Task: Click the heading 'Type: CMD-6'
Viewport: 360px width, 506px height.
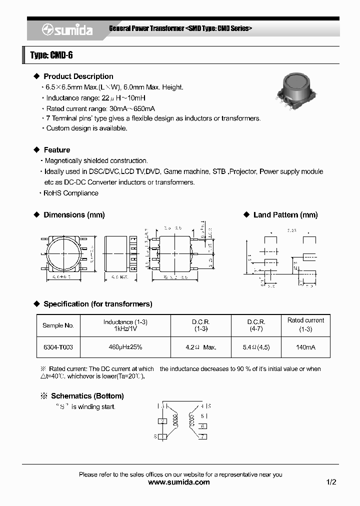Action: coord(51,55)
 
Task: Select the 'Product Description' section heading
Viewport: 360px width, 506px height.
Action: coord(78,76)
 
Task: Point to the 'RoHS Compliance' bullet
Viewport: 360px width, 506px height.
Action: coord(71,193)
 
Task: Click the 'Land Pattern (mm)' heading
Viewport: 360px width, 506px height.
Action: coord(285,215)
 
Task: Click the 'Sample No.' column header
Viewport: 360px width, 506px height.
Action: coord(58,325)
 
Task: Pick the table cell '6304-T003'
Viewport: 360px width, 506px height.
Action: coord(58,347)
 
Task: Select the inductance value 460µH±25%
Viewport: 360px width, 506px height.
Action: coord(125,347)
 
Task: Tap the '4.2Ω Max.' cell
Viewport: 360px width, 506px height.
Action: coord(200,347)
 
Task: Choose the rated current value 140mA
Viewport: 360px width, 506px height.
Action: coord(305,347)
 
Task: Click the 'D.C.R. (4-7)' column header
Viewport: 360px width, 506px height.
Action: coord(256,325)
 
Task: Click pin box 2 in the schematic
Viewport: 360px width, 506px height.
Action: coord(162,421)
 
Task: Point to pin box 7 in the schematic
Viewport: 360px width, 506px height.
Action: coord(202,436)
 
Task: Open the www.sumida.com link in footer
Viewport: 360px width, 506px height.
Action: coord(179,482)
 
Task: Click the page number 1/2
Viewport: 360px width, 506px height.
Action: coord(331,482)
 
